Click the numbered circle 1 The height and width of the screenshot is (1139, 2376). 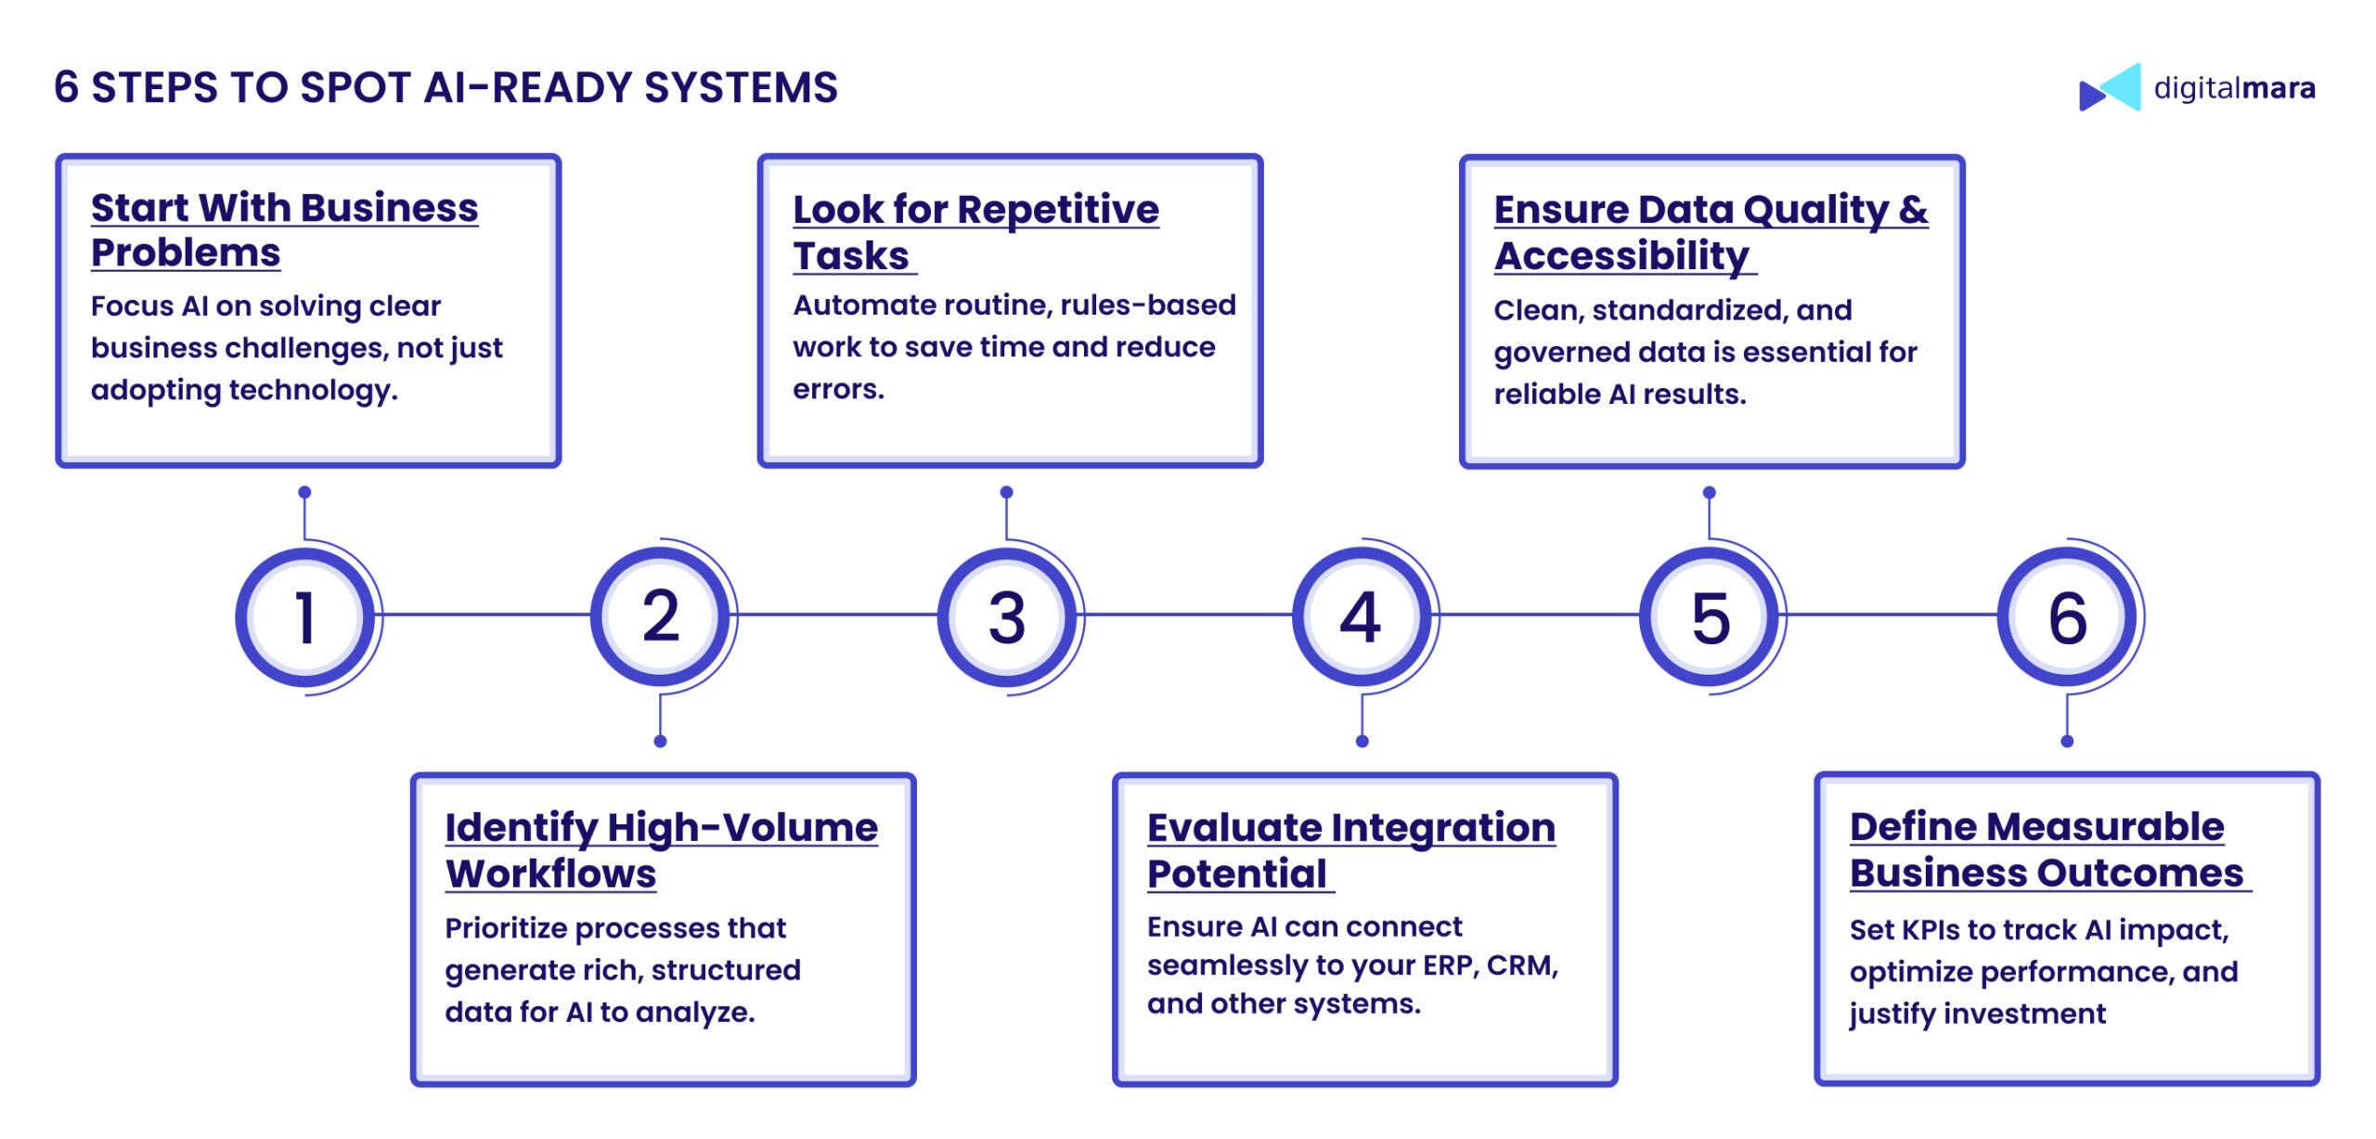[x=305, y=617]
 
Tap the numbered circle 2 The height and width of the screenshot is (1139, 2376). [x=660, y=617]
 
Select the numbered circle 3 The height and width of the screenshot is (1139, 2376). [x=1007, y=617]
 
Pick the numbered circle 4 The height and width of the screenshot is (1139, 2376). [x=1361, y=617]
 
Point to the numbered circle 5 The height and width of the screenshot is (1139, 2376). [x=1710, y=617]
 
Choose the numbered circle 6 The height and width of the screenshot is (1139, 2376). [x=2067, y=617]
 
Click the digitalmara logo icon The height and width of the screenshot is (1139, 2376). [x=2110, y=88]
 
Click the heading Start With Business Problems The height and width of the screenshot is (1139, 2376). [x=284, y=230]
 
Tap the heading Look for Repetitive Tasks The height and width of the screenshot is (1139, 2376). [x=975, y=232]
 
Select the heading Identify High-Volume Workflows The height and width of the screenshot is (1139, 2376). [x=661, y=849]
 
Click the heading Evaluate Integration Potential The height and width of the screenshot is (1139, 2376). [x=1350, y=849]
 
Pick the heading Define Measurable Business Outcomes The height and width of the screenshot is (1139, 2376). [x=2045, y=849]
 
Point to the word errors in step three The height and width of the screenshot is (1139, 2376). [x=837, y=389]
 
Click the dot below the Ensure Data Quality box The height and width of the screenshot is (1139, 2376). [x=1710, y=493]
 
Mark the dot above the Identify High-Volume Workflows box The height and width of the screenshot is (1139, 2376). [x=660, y=741]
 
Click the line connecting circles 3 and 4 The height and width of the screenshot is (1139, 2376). [x=1188, y=615]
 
